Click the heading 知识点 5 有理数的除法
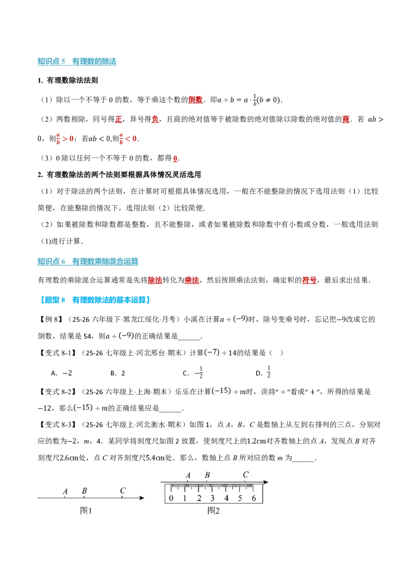[77, 61]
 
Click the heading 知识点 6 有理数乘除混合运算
[88, 261]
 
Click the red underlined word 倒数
[195, 100]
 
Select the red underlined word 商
[345, 119]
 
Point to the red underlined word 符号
[309, 280]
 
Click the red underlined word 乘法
[191, 280]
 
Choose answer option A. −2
[61, 373]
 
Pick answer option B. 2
[118, 373]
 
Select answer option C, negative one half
[193, 372]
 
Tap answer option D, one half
[263, 372]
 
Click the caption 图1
[86, 511]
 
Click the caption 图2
[213, 511]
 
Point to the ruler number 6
[254, 498]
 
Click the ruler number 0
[171, 498]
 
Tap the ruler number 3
[213, 498]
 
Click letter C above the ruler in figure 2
[246, 474]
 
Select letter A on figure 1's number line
[65, 491]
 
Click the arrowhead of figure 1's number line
[141, 498]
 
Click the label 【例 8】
[50, 319]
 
